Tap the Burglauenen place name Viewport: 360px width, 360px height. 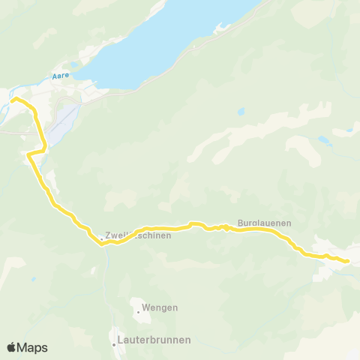[x=264, y=223]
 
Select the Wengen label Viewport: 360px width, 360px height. [x=160, y=307]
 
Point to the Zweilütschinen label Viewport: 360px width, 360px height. [x=139, y=235]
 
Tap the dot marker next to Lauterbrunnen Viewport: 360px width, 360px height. [x=115, y=345]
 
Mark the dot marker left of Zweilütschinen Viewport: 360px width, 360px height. [x=102, y=240]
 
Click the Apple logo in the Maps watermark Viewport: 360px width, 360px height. [x=11, y=347]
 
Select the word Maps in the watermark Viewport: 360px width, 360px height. [x=32, y=347]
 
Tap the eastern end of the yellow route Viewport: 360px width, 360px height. [x=348, y=261]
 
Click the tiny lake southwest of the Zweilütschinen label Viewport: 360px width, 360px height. [x=33, y=279]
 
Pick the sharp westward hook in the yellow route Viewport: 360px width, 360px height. [x=28, y=154]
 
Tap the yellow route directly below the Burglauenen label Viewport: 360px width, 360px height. [x=264, y=230]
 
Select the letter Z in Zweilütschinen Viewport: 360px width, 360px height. [x=109, y=235]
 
